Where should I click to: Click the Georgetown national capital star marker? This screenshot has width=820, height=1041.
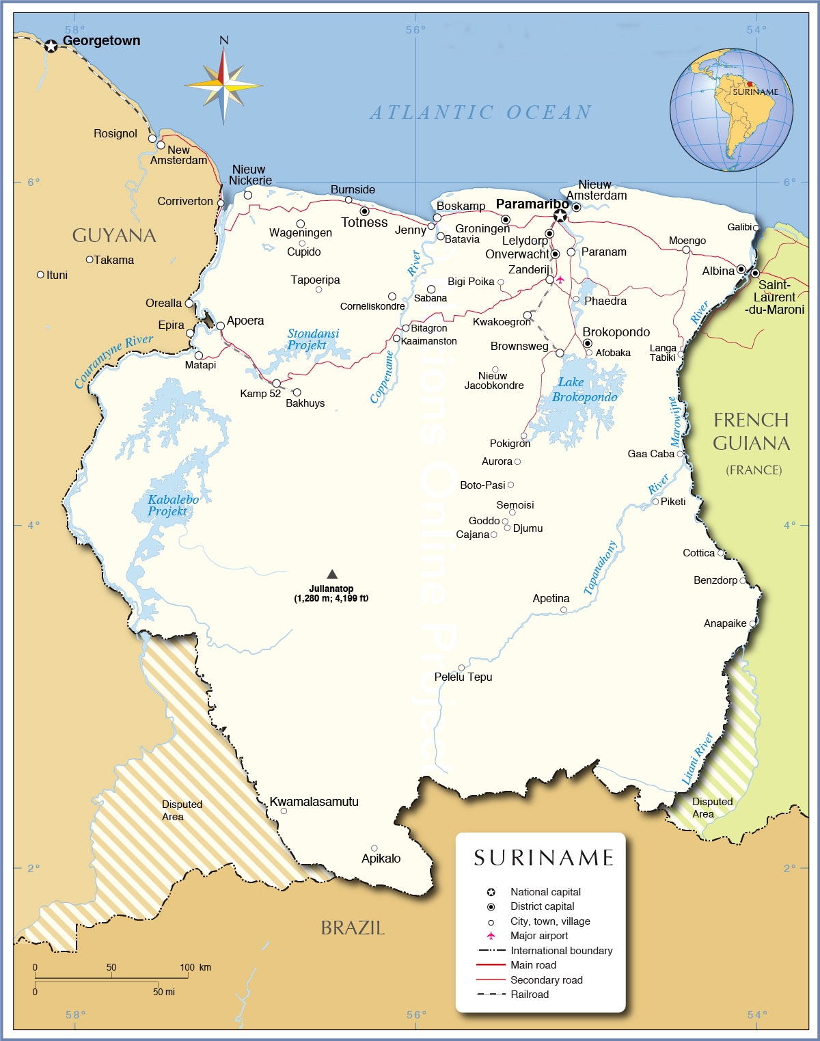point(51,46)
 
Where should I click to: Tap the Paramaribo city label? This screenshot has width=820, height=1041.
point(532,204)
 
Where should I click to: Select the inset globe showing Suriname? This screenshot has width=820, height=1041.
point(731,110)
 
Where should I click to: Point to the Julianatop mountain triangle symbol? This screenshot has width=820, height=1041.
point(332,574)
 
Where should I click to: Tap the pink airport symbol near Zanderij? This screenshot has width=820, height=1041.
point(560,280)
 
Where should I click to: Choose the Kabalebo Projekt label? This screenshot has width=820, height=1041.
point(173,505)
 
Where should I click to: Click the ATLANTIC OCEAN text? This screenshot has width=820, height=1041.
point(480,113)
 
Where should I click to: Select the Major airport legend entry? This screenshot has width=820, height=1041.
point(538,936)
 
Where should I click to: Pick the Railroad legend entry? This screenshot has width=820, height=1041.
point(529,995)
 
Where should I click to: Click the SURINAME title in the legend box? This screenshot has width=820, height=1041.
point(544,858)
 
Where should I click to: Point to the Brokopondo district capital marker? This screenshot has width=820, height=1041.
point(587,343)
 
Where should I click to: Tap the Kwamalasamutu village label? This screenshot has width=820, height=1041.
point(314,802)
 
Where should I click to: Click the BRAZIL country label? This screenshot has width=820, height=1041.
point(353,928)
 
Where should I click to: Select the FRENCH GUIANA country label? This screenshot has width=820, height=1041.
point(751,431)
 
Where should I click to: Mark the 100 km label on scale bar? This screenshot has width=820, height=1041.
point(195,967)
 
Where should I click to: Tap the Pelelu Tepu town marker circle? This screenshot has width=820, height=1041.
point(461,668)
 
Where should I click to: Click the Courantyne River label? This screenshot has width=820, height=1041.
point(113,361)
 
